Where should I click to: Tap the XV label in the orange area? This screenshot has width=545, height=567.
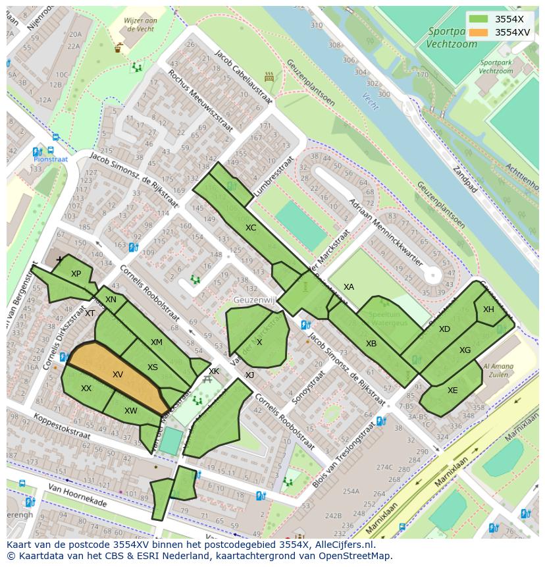118,375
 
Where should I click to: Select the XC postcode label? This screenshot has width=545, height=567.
251,228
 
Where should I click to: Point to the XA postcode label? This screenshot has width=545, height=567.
349,287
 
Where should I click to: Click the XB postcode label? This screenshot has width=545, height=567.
371,344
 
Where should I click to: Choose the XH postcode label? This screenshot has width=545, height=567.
488,310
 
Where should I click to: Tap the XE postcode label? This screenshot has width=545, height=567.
452,391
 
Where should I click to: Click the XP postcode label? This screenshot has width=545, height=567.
76,274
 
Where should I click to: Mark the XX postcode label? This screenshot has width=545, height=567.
86,389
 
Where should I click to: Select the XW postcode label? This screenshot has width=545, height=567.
130,411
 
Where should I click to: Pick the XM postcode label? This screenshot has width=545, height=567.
156,342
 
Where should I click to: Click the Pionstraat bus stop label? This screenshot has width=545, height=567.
51,159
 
